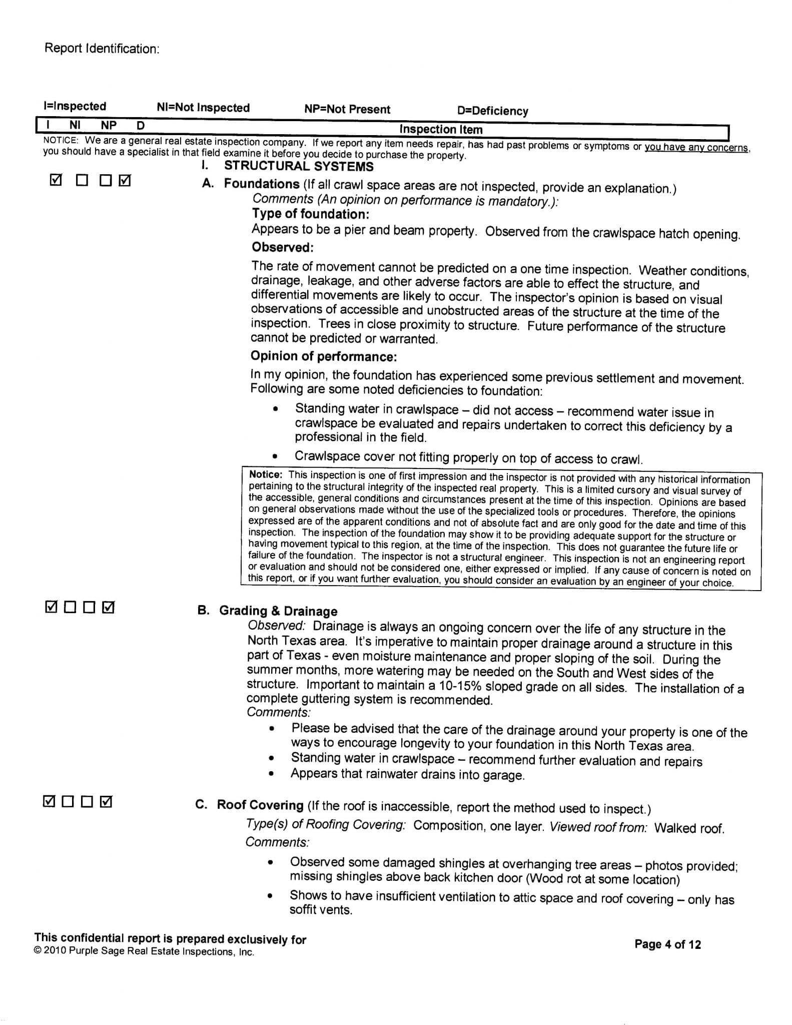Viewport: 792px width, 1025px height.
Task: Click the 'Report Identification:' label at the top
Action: (102, 49)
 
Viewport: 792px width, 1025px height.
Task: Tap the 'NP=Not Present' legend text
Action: (347, 109)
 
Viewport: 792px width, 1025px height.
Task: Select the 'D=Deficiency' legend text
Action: (492, 111)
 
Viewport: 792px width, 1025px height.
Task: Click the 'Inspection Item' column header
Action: (441, 129)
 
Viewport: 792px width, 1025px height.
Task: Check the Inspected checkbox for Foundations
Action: (56, 180)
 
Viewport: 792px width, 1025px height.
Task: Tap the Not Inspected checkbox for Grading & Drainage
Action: (70, 608)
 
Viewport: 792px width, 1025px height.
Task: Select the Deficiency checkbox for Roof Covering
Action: (106, 802)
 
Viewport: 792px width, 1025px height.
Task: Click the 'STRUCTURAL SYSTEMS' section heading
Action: (299, 166)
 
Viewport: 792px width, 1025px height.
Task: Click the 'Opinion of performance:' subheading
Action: (324, 356)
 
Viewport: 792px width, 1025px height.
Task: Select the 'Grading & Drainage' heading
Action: (278, 611)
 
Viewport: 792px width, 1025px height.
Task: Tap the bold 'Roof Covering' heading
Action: (260, 805)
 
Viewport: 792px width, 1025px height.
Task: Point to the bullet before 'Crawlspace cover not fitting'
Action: (275, 456)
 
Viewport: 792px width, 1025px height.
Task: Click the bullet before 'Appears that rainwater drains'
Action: (271, 774)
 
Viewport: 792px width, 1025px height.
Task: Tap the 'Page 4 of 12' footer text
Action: (667, 944)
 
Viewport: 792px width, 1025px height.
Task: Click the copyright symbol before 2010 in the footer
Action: (38, 951)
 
